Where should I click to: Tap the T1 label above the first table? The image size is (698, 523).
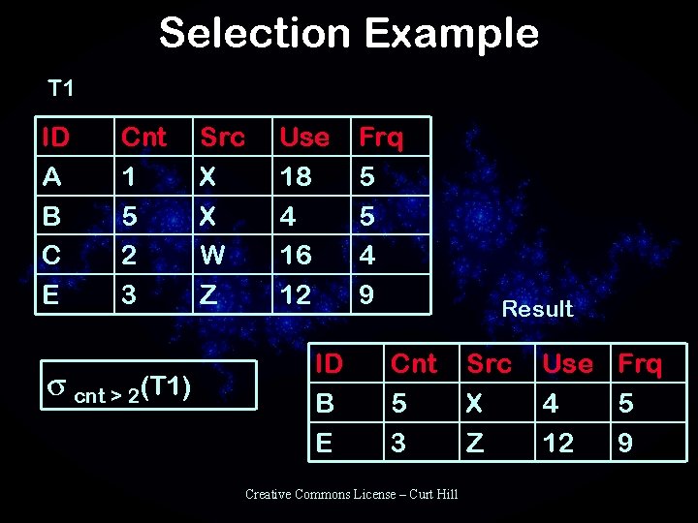click(61, 89)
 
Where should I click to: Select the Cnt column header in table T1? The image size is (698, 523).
click(143, 138)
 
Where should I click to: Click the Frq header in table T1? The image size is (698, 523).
click(380, 138)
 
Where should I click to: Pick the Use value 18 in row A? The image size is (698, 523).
click(295, 176)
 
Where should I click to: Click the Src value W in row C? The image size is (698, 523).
click(210, 255)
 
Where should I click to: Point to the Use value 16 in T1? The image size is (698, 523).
click(295, 255)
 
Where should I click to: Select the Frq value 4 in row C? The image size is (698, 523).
click(366, 255)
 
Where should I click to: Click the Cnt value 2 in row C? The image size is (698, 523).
click(128, 255)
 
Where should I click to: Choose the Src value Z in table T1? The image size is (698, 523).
click(207, 294)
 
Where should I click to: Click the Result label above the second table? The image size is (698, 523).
click(537, 309)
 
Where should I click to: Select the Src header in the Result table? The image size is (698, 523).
click(489, 364)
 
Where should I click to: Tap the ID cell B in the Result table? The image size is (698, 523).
click(325, 403)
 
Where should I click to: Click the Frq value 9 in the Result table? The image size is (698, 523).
click(625, 443)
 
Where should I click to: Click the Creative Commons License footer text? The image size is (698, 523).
click(351, 494)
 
